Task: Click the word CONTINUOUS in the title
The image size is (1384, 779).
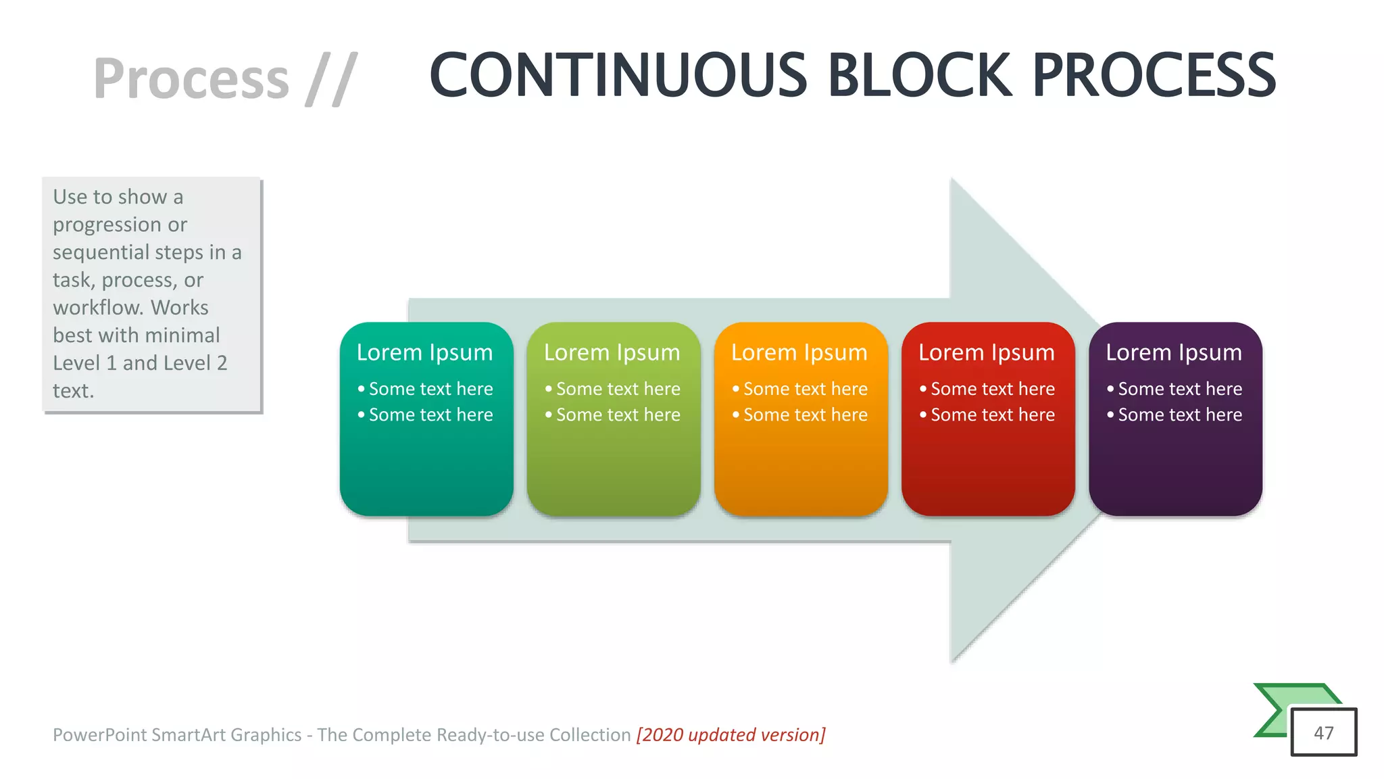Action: (618, 76)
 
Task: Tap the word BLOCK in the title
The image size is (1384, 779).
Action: (920, 76)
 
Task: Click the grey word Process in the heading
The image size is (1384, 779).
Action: (191, 79)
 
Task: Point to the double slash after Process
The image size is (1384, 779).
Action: (331, 79)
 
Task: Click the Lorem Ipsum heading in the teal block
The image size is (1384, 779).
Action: (424, 352)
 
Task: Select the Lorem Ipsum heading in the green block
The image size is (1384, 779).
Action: (612, 352)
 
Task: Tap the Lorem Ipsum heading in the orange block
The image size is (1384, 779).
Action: (799, 352)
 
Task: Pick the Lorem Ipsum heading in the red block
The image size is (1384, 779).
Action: (986, 352)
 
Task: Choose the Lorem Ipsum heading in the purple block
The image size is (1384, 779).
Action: (1173, 352)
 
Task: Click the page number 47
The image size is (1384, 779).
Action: (1323, 733)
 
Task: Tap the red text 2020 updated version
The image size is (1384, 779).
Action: (731, 734)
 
